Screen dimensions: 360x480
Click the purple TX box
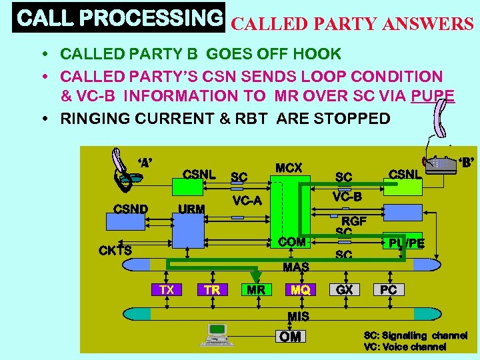click(x=167, y=290)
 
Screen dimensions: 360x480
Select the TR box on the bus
click(x=213, y=290)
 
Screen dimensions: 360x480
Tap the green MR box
click(x=256, y=290)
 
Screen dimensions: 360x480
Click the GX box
click(x=345, y=290)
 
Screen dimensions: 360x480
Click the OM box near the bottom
click(x=290, y=337)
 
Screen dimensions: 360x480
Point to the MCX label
click(x=289, y=168)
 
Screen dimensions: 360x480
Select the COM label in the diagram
click(x=292, y=242)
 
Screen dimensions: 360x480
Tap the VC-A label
click(x=247, y=201)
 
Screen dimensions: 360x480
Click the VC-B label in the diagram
click(x=347, y=197)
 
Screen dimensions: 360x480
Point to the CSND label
click(x=131, y=209)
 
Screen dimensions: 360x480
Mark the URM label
click(x=192, y=209)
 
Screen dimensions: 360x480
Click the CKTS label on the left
click(x=115, y=251)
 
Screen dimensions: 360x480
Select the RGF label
click(x=354, y=221)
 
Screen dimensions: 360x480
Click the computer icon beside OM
click(x=217, y=334)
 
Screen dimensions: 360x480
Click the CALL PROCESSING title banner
click(x=119, y=18)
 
